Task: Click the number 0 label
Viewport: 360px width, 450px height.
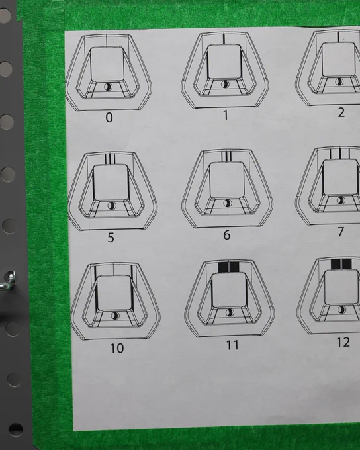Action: pos(109,118)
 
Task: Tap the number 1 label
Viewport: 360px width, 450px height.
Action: pos(226,115)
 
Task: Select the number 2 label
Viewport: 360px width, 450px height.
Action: pos(341,112)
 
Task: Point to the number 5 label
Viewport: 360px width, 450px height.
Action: pos(111,238)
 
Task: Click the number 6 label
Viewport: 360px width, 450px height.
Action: pos(227,235)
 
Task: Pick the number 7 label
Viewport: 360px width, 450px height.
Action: pos(341,232)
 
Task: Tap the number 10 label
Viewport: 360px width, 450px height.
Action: pos(117,348)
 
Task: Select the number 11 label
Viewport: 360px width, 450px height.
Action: pos(232,345)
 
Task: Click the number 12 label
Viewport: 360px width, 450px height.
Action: pos(343,342)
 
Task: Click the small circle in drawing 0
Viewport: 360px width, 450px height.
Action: pos(109,87)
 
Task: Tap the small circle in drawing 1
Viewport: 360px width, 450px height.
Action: pos(225,84)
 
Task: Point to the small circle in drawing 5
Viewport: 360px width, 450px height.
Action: pos(111,206)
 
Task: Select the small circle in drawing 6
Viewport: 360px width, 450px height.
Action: pos(228,203)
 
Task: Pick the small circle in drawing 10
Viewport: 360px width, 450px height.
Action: pos(115,316)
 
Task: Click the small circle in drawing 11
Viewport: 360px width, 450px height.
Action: pos(230,312)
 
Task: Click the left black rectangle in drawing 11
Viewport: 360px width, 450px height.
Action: pos(223,267)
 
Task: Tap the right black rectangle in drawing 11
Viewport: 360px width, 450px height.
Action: pos(234,267)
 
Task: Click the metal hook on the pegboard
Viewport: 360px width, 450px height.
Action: pos(8,281)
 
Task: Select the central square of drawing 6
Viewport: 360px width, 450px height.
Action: pos(227,179)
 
